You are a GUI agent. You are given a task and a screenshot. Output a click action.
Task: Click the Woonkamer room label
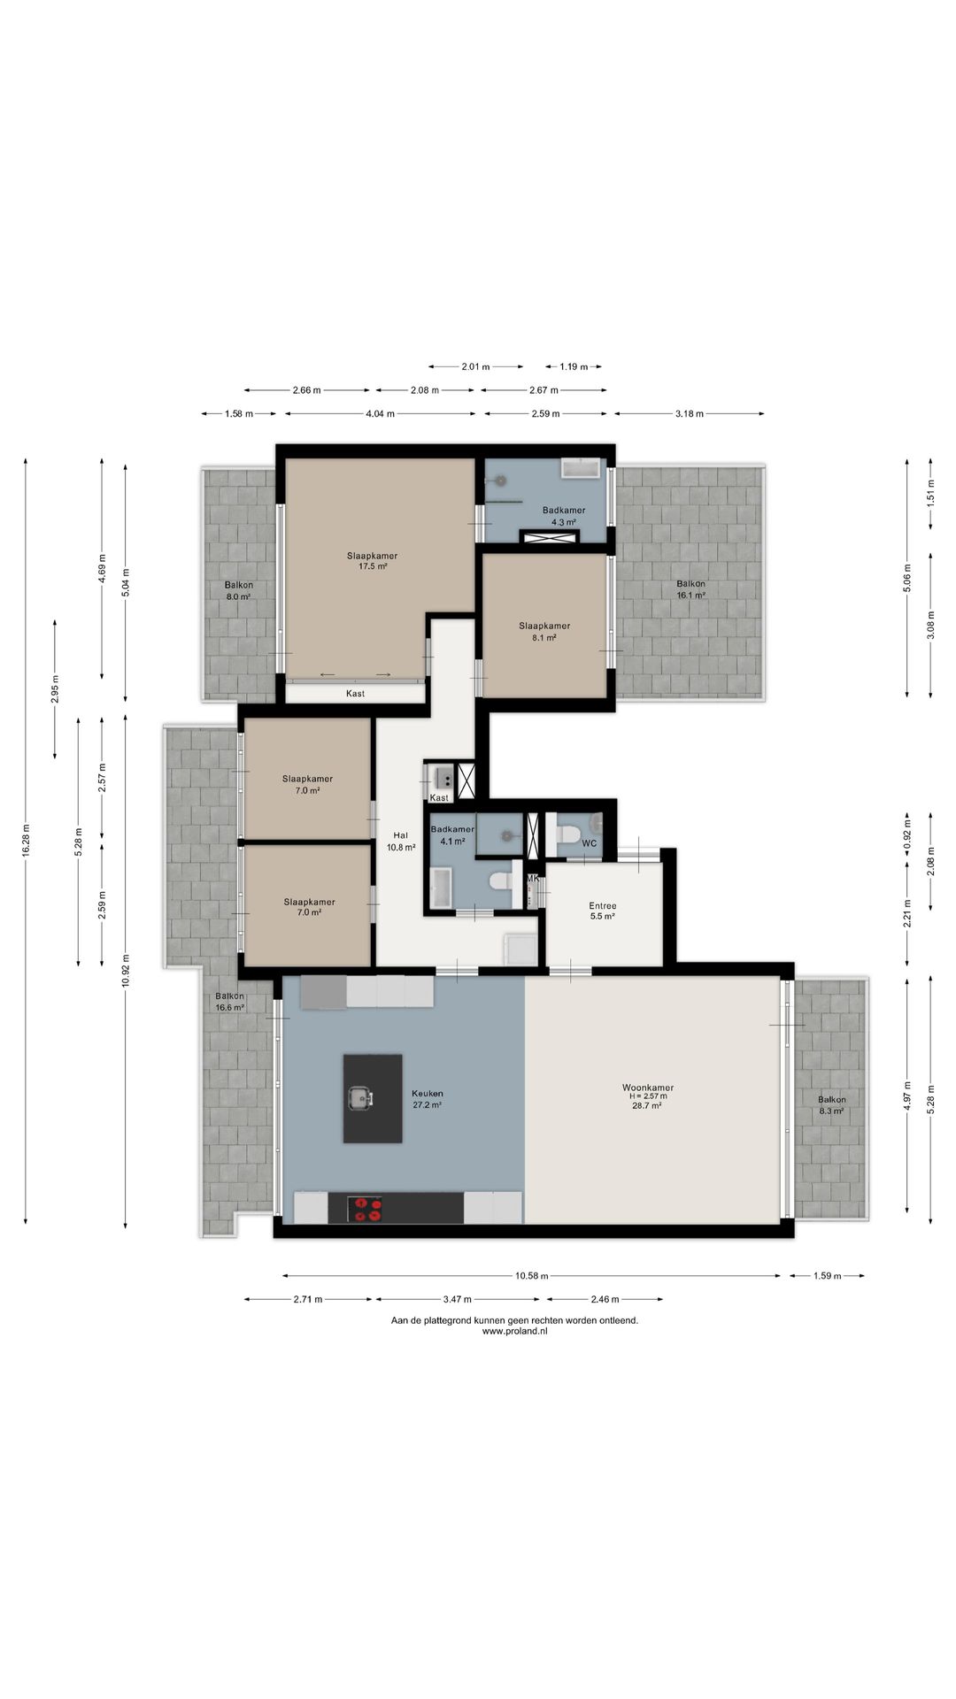coord(647,1088)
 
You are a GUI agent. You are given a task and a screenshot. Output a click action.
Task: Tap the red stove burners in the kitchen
coord(367,1209)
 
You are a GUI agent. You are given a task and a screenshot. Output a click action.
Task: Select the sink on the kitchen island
coord(360,1098)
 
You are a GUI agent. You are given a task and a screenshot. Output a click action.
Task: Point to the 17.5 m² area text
coord(372,566)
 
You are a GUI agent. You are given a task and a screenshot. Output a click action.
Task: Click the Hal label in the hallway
coord(400,834)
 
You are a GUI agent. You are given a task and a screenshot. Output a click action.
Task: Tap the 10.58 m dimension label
coord(531,1275)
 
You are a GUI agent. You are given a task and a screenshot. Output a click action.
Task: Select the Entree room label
coord(603,905)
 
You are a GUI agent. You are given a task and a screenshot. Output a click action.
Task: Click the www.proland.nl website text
coord(514,1331)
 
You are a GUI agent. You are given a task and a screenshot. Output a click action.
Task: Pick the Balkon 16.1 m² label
coord(690,589)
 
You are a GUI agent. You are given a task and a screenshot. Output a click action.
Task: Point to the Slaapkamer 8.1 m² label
coord(544,631)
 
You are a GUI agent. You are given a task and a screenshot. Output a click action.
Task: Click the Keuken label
coord(427,1093)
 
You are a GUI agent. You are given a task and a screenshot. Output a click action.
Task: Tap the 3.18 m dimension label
coord(689,413)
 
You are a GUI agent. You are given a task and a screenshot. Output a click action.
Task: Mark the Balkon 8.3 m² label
coord(831,1104)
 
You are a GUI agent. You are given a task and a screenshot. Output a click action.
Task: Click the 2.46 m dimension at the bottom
coord(605,1299)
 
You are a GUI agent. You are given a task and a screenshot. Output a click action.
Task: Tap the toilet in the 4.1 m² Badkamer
coord(500,880)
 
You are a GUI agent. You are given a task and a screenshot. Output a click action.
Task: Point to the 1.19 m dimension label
coord(574,366)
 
